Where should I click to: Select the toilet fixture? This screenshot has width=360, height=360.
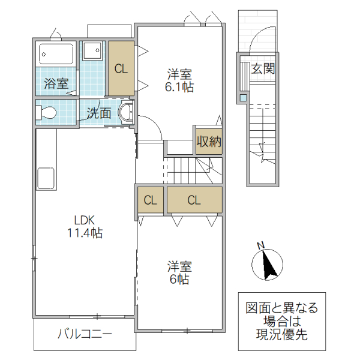point(47,112)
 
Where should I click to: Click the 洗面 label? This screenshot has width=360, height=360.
point(98,112)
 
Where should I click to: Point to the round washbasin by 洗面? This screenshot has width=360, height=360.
point(126,112)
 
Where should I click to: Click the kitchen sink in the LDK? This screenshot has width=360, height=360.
point(46,178)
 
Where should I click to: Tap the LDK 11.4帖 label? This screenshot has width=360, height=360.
point(85,226)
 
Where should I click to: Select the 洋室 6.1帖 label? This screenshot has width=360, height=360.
point(179,80)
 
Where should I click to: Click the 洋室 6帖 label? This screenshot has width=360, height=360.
point(179,272)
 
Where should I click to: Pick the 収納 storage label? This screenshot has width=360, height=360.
point(208,142)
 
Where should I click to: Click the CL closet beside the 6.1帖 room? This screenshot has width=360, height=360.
point(121,68)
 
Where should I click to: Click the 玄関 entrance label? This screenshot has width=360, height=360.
point(263,68)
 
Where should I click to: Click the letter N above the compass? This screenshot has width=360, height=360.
point(260,245)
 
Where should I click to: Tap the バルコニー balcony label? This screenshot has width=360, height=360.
point(85,334)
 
